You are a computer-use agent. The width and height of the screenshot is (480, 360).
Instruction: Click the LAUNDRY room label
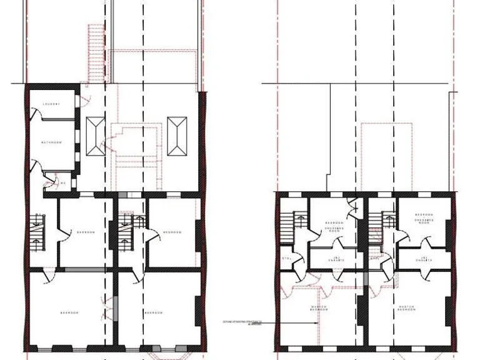coord(51,104)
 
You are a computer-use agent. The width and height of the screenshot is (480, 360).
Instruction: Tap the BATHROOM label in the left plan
coord(52,143)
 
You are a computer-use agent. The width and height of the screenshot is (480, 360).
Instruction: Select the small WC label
coord(62,183)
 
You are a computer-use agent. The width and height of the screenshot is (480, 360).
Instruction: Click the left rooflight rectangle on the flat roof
coord(96,136)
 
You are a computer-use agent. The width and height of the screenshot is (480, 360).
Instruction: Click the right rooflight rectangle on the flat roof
coord(177,136)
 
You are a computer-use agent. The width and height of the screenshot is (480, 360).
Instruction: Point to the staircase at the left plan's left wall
coord(37,232)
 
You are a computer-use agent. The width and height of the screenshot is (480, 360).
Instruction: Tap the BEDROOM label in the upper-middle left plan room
coord(86,232)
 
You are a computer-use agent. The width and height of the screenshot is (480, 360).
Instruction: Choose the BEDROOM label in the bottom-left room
coord(69,312)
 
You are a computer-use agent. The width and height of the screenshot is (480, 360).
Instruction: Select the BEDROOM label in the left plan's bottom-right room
coord(153,312)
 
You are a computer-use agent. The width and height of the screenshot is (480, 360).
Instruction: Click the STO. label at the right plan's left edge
coord(286,258)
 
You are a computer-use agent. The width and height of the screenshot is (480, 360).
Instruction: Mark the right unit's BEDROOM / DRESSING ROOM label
coord(424,219)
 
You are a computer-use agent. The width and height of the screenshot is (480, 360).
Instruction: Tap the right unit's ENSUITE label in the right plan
coord(424,259)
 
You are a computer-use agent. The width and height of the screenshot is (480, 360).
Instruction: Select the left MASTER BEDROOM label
coord(320,308)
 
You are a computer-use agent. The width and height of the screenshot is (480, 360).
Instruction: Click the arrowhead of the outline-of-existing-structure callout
coord(316,323)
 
